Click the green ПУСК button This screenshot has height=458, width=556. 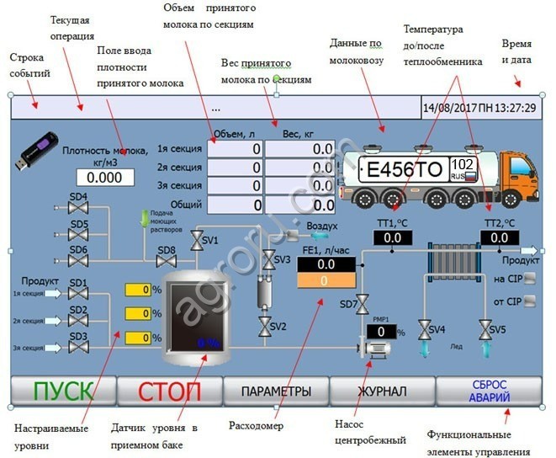pos(62,391)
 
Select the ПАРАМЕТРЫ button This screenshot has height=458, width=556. pos(276,391)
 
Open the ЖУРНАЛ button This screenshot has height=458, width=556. pos(382,391)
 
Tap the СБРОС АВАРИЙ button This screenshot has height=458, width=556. pos(489,391)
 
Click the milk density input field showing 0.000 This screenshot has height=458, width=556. pos(105,178)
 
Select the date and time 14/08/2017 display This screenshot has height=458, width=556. pos(479,109)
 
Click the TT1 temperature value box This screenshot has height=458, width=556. pos(393,238)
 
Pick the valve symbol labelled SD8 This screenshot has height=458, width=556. pos(167,263)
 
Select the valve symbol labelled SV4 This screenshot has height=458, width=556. pos(425,328)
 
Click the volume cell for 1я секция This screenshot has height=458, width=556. pos(234,149)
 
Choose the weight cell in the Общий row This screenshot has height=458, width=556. pos(299,205)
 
